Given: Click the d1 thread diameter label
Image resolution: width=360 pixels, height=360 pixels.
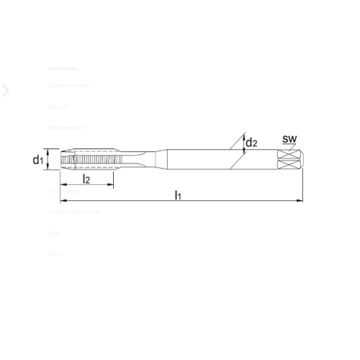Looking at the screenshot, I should [x=37, y=160].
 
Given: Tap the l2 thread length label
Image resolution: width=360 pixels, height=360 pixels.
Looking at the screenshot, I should [x=86, y=178].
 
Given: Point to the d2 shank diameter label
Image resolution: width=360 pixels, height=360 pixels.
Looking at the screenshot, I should [x=252, y=143].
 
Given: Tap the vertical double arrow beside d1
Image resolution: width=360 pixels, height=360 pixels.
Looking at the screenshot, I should [x=48, y=159].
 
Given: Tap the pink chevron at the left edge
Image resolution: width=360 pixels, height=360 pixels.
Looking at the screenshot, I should [x=6, y=91].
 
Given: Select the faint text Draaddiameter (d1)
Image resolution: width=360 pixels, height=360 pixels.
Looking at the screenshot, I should [x=71, y=86].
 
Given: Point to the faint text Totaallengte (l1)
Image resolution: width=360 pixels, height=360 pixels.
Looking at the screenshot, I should [x=66, y=127].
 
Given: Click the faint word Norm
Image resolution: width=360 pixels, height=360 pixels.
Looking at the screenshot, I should [x=53, y=233].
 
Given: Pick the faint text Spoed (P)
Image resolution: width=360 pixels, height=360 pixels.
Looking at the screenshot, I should [x=58, y=107].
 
